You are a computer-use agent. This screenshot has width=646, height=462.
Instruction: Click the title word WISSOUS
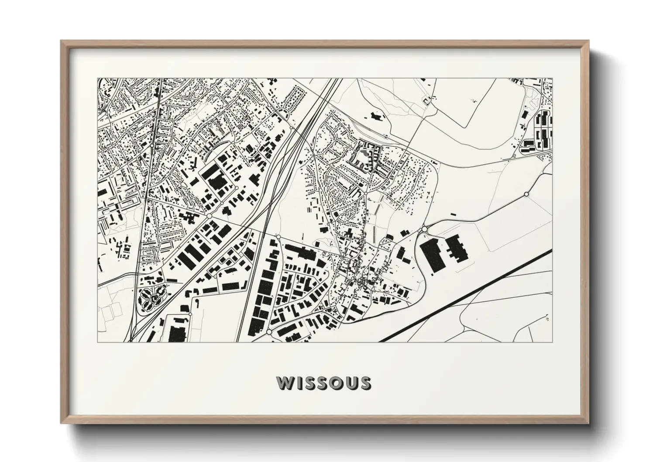(323, 383)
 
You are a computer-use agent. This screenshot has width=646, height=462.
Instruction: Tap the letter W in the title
(285, 383)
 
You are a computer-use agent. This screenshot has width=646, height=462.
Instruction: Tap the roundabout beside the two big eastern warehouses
(424, 229)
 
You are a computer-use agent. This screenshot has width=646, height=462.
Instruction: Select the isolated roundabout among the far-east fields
(526, 194)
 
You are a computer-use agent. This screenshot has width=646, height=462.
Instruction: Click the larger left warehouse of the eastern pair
(433, 256)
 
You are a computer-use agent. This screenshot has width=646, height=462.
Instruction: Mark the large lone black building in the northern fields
(375, 116)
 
